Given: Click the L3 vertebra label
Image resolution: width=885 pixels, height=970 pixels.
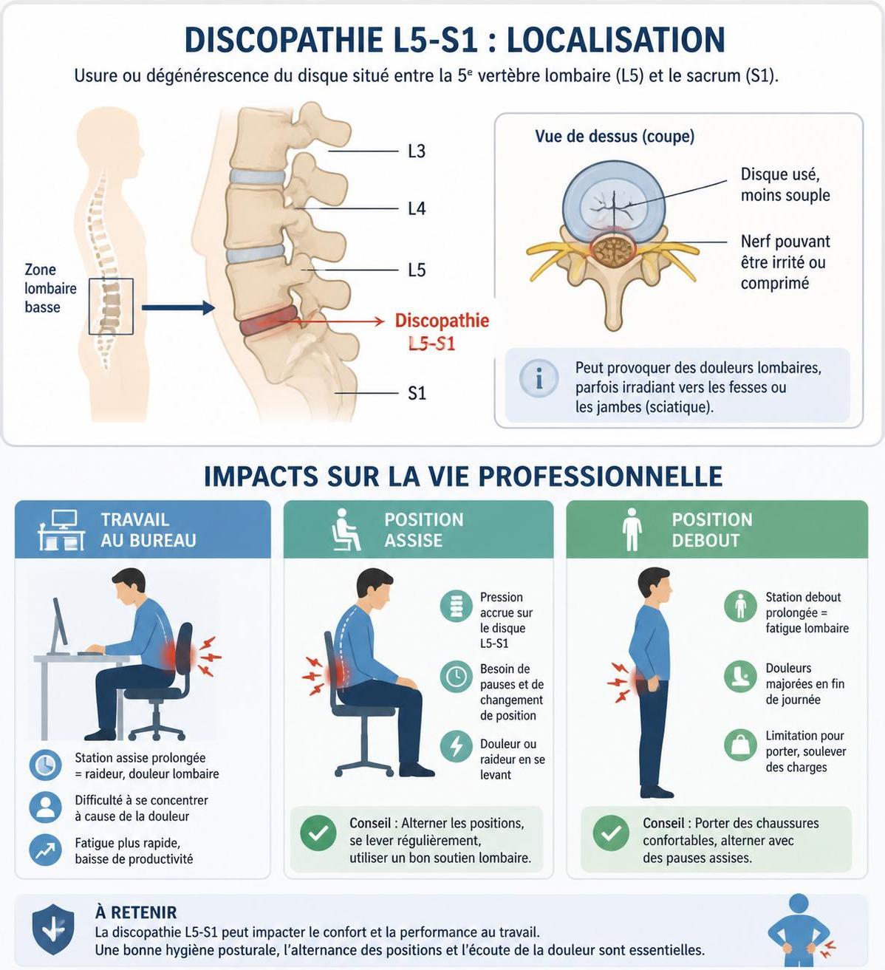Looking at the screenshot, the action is (x=417, y=151).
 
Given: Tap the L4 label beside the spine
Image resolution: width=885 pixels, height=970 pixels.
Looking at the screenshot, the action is (x=417, y=209).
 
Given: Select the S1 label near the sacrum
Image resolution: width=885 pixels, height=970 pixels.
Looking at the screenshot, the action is (x=417, y=393).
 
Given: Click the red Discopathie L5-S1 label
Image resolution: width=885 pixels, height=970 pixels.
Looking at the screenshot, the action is (x=442, y=332).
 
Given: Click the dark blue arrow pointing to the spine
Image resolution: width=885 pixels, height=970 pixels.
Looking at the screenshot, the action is (x=178, y=307).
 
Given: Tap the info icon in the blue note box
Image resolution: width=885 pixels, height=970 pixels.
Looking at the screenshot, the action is (x=539, y=378).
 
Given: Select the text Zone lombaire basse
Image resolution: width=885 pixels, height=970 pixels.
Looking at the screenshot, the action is (x=50, y=288).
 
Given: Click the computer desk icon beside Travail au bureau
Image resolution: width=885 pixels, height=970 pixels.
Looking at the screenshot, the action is (x=62, y=530).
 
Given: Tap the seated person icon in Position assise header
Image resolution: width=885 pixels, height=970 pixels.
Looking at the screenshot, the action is (x=345, y=530).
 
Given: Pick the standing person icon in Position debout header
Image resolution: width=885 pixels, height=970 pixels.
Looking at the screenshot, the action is (x=632, y=530).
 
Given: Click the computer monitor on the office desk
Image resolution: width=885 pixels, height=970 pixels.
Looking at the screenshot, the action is (x=60, y=626).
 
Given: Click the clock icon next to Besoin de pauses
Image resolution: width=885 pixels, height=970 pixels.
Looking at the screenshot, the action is (x=456, y=677).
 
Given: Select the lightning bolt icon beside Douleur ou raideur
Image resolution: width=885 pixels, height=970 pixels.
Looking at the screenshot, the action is (x=456, y=746).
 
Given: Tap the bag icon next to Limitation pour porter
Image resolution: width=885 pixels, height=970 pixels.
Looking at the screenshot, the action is (x=740, y=745).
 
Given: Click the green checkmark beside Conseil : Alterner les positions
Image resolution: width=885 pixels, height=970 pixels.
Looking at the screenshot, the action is (x=318, y=833).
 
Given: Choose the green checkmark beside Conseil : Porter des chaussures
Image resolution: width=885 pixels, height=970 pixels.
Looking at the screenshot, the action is (x=611, y=833).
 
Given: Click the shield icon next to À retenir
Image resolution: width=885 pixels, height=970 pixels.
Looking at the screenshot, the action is (x=53, y=929).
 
